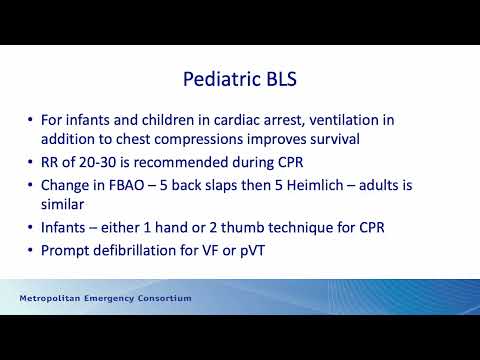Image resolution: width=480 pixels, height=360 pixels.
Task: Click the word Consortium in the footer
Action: [163, 299]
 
